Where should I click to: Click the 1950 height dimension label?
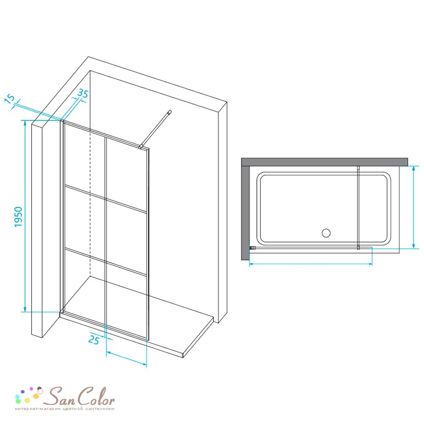point(18,217)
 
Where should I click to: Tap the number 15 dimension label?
point(10,99)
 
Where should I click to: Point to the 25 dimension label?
point(94,340)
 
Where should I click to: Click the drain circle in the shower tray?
point(326,233)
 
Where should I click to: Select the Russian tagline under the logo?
point(65,409)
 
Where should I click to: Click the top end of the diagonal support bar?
point(170,112)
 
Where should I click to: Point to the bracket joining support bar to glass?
point(140,147)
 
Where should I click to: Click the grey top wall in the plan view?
point(324,162)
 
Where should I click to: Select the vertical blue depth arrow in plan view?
point(413,207)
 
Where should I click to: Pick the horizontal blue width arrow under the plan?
point(311,264)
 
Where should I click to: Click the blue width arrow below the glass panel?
point(126,358)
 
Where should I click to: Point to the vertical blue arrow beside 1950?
point(25,216)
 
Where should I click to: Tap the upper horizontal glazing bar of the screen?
point(106,199)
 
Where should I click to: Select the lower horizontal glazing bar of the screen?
point(106,262)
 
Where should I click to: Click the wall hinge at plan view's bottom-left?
point(252,248)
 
